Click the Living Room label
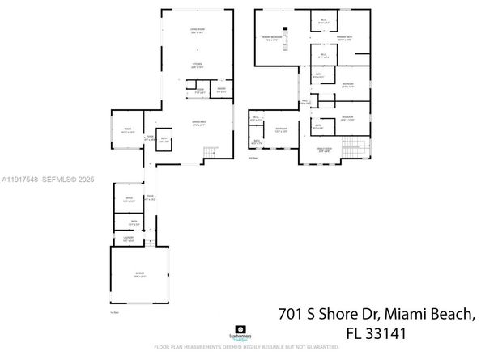[197, 30]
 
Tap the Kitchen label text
[197, 66]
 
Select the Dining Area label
[198, 123]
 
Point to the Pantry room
[220, 91]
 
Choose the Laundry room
[128, 240]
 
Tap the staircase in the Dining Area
[211, 153]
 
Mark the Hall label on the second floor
[305, 103]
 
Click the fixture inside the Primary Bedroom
[284, 44]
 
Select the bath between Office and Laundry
[128, 222]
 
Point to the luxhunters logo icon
[240, 332]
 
